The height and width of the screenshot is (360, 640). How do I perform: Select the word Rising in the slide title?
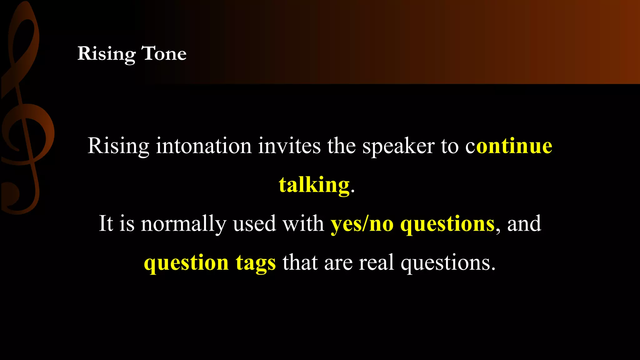point(106,53)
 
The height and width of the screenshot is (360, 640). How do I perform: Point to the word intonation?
point(203,146)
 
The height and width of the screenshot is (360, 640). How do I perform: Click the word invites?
point(289,146)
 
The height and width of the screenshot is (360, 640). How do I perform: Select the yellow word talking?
point(314,185)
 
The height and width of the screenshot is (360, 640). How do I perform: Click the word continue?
point(509,146)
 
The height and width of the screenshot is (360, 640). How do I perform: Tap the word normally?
point(183,224)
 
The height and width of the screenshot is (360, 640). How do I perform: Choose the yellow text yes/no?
point(362,224)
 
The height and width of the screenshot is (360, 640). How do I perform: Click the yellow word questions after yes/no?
point(447,224)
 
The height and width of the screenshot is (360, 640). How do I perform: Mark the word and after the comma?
point(524,224)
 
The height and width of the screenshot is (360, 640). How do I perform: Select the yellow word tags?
point(256,262)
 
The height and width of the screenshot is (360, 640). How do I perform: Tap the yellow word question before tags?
point(186,262)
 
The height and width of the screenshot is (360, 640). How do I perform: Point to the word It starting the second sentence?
point(106,224)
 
